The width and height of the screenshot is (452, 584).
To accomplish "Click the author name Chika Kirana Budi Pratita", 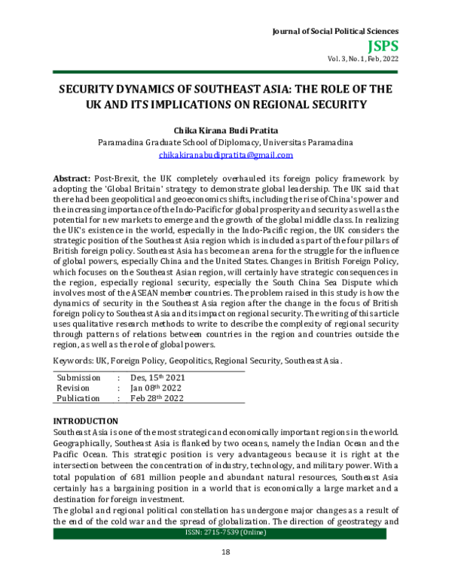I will coord(226,129).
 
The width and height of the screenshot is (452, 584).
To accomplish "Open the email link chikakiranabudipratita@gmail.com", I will coord(226,154).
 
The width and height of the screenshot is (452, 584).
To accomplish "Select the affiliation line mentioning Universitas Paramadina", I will coord(226,141).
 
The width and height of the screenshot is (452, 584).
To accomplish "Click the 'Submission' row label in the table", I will coord(78,377).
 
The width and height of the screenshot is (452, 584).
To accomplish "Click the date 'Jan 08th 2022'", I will coord(155,388).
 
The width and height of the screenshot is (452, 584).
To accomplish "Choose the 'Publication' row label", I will coord(78,398).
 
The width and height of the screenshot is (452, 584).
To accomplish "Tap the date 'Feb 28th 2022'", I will coord(156,398).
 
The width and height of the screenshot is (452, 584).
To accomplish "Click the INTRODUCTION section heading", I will coord(85,420).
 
